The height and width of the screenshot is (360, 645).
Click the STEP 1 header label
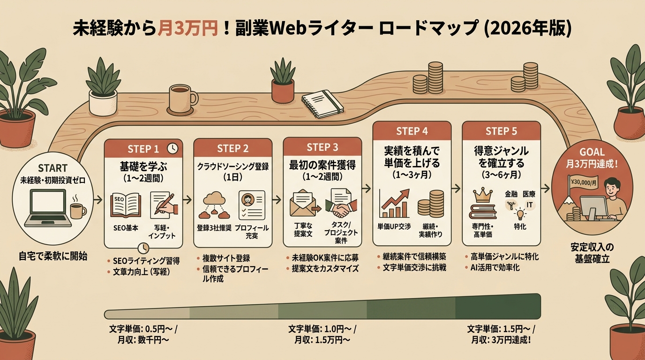(x=143, y=149)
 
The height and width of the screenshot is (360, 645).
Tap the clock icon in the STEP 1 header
(x=172, y=148)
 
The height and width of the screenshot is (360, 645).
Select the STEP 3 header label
(x=322, y=148)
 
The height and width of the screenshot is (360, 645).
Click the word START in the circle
(x=52, y=168)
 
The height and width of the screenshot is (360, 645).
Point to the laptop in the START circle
(x=48, y=208)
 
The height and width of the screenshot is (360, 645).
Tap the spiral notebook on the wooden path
(x=322, y=104)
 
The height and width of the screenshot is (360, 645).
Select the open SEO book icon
(x=126, y=205)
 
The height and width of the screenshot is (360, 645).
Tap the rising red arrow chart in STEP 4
(x=394, y=203)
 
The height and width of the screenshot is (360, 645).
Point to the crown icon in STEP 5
(x=483, y=195)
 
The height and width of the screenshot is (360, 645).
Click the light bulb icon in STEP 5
(x=520, y=214)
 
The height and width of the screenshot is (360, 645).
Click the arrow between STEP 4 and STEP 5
(x=456, y=188)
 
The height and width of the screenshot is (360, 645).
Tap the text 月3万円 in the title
(x=187, y=29)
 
